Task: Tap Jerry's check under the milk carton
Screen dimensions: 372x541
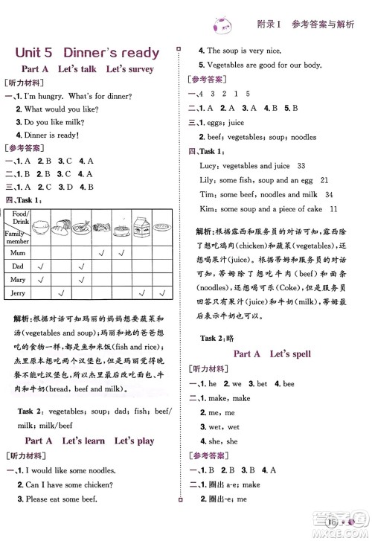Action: coord(141,292)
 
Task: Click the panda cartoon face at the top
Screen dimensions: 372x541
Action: coord(222,25)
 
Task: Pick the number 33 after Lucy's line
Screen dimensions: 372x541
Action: coord(301,166)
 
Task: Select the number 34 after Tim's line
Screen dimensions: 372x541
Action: coord(308,194)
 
